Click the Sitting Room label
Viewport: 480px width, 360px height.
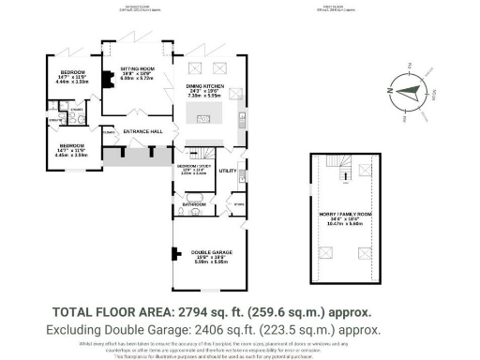[136, 70]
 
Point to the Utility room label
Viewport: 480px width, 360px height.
[227, 171]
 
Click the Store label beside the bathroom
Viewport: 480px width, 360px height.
[240, 203]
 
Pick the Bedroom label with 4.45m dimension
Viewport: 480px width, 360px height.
[72, 147]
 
